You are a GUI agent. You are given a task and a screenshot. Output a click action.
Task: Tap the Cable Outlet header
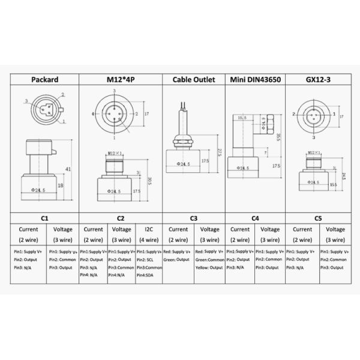(x=193, y=79)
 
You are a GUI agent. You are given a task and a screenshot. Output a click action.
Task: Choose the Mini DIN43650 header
(x=254, y=79)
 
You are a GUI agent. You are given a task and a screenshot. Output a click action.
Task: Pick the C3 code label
(x=193, y=219)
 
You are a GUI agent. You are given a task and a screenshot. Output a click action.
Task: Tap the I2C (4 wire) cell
(x=149, y=233)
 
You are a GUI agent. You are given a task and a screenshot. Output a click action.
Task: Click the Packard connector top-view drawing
(x=44, y=109)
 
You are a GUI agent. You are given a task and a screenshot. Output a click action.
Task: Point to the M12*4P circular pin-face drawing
(x=114, y=113)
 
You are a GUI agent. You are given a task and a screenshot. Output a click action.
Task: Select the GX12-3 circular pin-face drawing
(x=313, y=113)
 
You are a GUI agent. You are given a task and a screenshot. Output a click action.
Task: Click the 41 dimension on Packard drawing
(x=68, y=169)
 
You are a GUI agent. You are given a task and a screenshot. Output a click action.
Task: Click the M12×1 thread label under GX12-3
(x=314, y=153)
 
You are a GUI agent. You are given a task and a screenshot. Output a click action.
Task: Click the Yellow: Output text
(x=209, y=267)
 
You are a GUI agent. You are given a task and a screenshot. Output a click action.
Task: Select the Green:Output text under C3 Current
(x=177, y=259)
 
